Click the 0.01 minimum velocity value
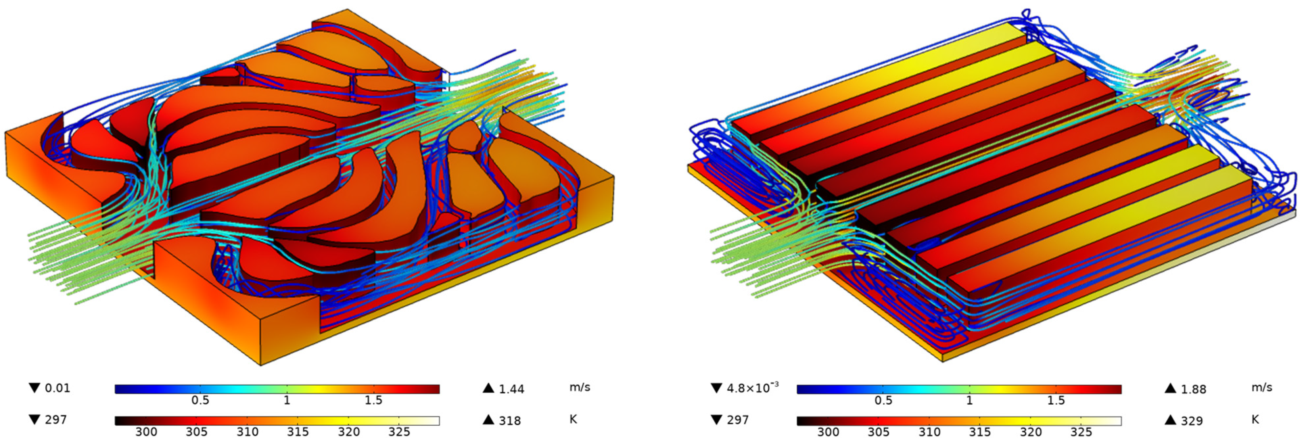coord(57,388)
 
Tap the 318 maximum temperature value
coord(510,421)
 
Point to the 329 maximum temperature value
coord(1192,421)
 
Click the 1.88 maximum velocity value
coord(1194,389)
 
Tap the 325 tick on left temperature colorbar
coord(399,432)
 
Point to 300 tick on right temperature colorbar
coord(828,432)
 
